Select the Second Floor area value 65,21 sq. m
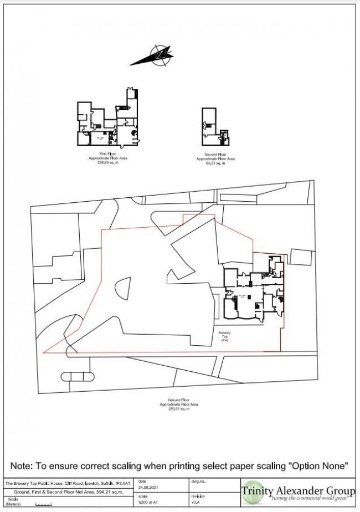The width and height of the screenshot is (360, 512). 215,163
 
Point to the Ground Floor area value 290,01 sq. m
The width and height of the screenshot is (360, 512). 182,408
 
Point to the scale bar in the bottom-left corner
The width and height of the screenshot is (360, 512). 43,504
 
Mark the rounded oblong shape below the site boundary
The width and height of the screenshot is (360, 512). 77,378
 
